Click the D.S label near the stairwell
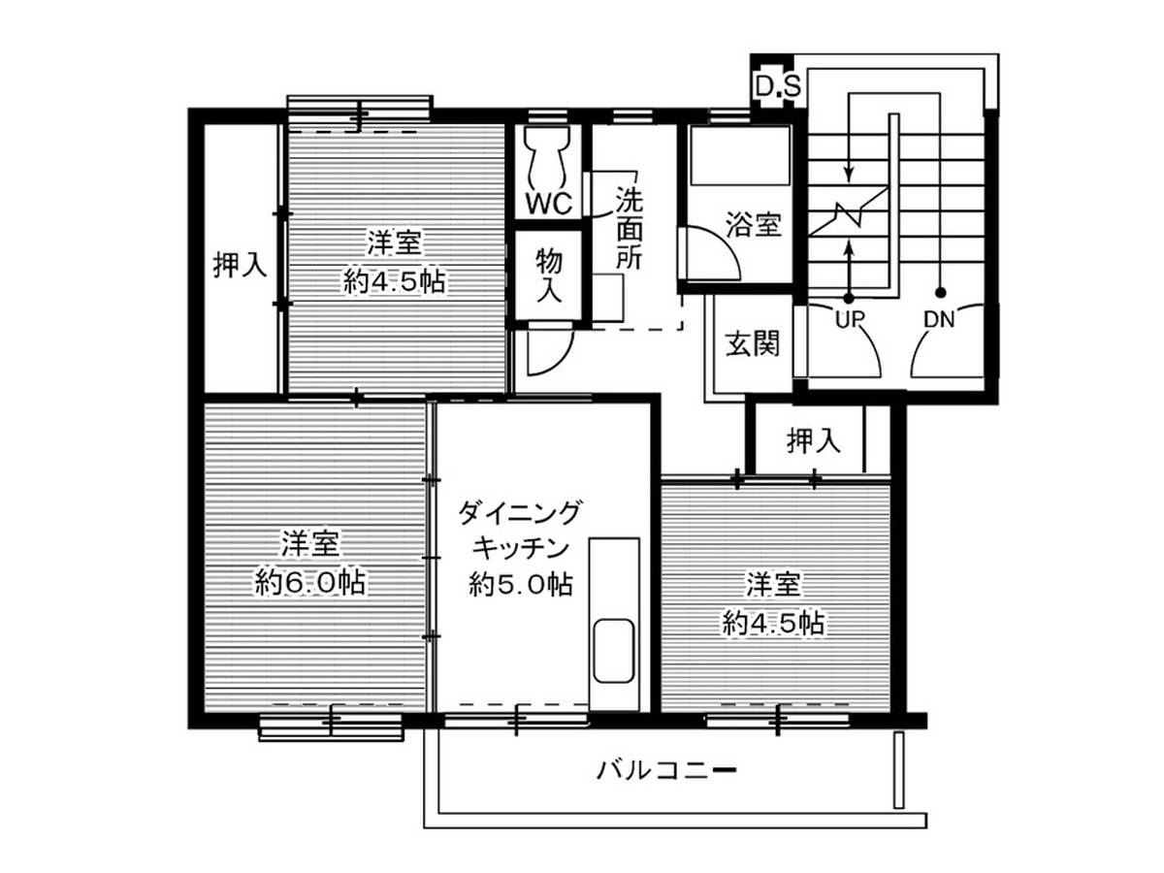(x=777, y=87)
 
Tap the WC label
(x=549, y=202)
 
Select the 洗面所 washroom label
(x=629, y=229)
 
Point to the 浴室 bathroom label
(x=754, y=224)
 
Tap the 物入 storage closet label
(x=549, y=275)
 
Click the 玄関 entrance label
(x=753, y=343)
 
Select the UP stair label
(x=850, y=319)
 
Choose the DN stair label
(x=939, y=319)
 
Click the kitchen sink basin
(x=614, y=650)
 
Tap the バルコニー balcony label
(x=666, y=770)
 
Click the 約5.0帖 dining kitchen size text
(x=521, y=584)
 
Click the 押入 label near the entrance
(x=814, y=440)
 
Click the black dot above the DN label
(x=940, y=293)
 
